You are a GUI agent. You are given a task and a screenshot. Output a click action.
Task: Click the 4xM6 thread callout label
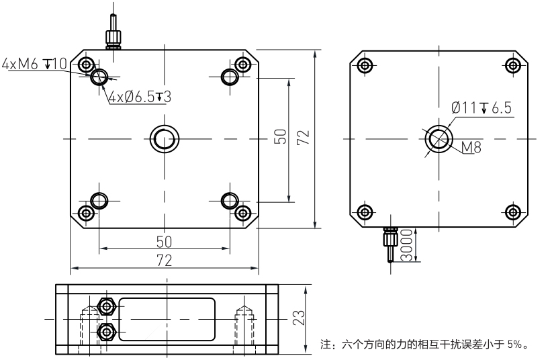click(34, 64)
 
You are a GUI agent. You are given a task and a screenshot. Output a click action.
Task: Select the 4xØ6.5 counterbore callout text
click(140, 97)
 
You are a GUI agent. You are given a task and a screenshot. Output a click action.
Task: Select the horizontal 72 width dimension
click(163, 260)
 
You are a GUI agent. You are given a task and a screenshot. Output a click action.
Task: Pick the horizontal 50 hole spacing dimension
click(163, 240)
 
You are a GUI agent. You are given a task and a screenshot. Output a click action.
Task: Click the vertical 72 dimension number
click(303, 138)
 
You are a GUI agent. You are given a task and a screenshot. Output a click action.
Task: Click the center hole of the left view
click(163, 138)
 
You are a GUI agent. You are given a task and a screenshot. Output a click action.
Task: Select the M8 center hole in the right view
click(439, 139)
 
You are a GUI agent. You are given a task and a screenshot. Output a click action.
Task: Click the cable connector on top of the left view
click(111, 34)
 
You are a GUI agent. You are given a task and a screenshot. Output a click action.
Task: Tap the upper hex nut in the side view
click(106, 306)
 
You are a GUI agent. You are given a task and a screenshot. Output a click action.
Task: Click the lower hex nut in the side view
click(106, 331)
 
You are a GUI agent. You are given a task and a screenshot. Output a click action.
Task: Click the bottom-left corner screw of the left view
click(85, 213)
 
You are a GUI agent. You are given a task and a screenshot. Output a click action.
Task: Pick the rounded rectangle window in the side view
click(167, 318)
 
